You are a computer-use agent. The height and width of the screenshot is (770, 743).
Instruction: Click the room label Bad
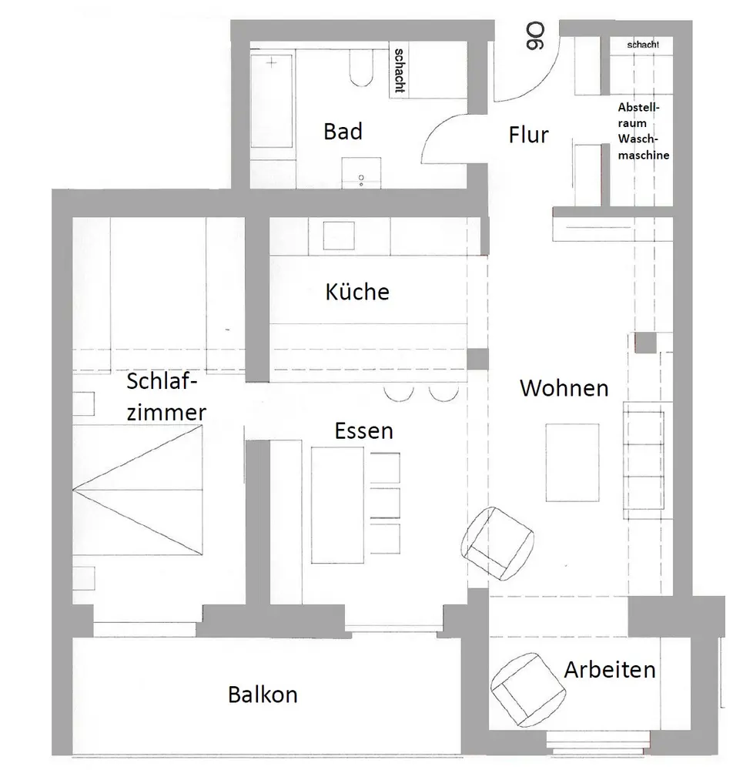click(343, 132)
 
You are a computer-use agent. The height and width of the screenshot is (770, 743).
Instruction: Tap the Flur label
click(529, 135)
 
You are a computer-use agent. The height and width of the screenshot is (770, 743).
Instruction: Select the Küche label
click(357, 292)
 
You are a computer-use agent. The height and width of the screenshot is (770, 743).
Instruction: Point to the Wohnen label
click(564, 387)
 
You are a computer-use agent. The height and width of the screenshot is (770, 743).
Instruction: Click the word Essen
click(363, 430)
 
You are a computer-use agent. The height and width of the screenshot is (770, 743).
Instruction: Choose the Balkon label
click(263, 695)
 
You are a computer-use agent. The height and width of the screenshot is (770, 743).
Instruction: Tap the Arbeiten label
click(610, 669)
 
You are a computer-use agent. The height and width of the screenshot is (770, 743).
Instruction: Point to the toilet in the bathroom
click(360, 68)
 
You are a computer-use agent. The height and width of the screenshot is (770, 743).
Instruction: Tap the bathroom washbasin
click(360, 172)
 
